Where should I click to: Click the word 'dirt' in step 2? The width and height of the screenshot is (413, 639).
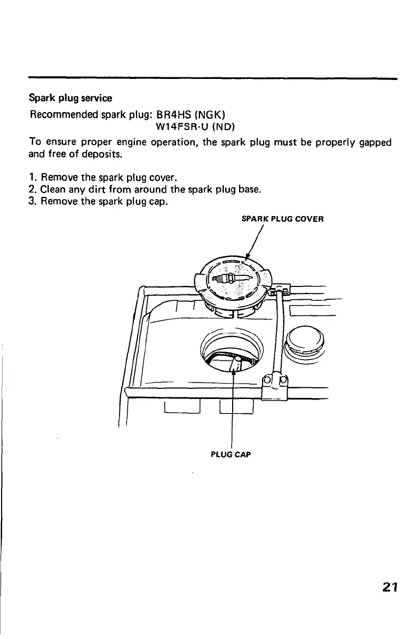[90, 189]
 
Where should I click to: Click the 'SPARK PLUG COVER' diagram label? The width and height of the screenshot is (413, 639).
[283, 219]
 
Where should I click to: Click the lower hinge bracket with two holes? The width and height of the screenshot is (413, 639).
[275, 385]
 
